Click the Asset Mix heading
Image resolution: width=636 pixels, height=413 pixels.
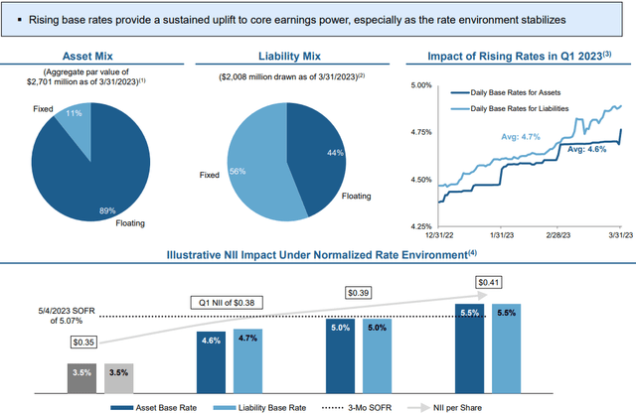[x=90, y=57]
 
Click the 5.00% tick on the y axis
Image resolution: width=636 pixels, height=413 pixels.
[x=413, y=86]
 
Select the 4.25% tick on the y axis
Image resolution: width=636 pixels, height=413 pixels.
[x=413, y=226]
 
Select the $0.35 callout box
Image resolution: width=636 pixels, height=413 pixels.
[x=85, y=342]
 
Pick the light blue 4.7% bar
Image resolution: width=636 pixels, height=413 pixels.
[x=247, y=360]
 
